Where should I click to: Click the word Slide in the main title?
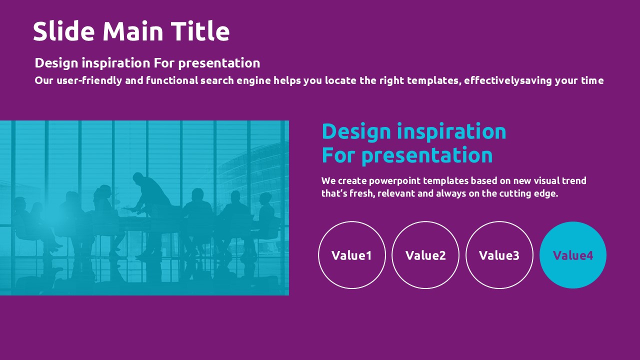pos(63,31)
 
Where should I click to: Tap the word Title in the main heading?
pos(200,31)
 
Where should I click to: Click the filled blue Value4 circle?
pos(573,255)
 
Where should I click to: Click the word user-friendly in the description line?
pos(89,80)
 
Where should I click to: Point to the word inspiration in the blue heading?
pos(451,131)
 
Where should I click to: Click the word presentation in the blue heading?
pos(427,155)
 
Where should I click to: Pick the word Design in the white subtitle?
pos(56,63)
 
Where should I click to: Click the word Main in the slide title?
pos(133,31)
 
